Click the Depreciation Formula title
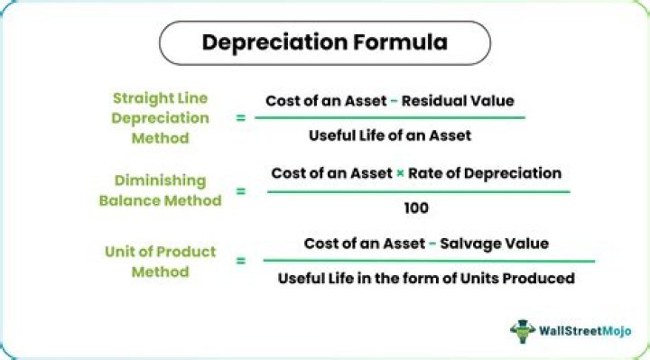[x=324, y=42]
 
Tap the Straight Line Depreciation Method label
[x=160, y=117]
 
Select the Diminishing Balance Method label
[x=160, y=190]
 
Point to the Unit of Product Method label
[x=160, y=262]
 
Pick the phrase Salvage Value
[x=493, y=244]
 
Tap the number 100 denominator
[x=417, y=208]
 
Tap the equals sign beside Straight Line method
[x=240, y=117]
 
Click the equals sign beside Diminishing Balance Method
[x=240, y=190]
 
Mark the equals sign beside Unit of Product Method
[x=240, y=262]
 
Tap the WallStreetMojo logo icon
[x=523, y=330]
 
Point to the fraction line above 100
[x=418, y=190]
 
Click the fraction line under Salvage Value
[x=428, y=261]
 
